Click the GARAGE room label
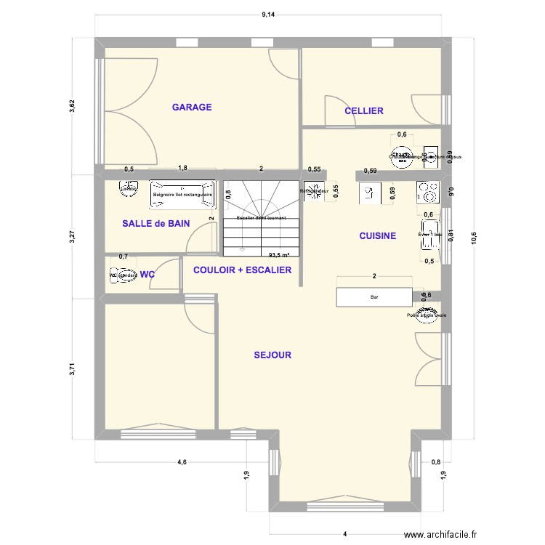[x=192, y=108]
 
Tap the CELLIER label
[x=363, y=111]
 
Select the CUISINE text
[x=377, y=235]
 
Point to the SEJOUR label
[x=272, y=355]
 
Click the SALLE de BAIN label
[x=156, y=224]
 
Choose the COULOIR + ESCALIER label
[x=242, y=270]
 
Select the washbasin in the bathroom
[x=129, y=190]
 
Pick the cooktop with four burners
[x=427, y=192]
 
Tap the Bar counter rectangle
[x=374, y=297]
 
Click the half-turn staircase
[x=261, y=218]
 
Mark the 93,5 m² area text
[x=278, y=255]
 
